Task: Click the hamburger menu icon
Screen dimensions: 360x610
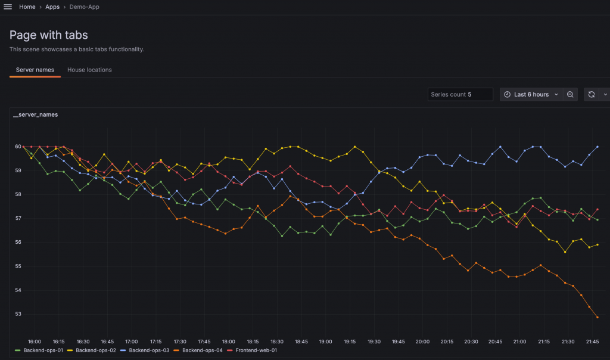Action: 8,7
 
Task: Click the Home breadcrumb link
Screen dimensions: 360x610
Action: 27,7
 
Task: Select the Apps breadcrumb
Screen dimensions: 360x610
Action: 52,7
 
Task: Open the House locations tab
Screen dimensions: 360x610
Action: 89,70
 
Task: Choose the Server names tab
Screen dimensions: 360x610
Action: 35,70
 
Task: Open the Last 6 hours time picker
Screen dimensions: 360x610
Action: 530,94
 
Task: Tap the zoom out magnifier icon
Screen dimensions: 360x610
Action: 570,94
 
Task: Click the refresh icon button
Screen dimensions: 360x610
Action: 592,94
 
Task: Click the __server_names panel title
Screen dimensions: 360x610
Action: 36,114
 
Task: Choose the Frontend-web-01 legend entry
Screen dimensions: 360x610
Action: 256,350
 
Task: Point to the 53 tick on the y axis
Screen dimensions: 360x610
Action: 18,314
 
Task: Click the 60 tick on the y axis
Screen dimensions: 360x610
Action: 18,147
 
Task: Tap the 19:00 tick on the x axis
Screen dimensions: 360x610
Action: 325,342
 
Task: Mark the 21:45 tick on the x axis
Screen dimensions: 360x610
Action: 592,342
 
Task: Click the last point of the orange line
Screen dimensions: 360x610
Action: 597,318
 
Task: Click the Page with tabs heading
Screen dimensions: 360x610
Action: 49,35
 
